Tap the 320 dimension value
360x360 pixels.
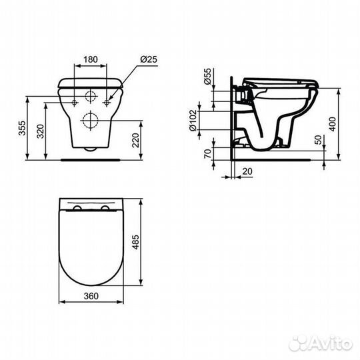[41, 131]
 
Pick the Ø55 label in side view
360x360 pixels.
[208, 77]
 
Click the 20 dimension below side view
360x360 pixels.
[247, 171]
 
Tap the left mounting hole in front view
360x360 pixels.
[73, 102]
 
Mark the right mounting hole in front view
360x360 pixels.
[109, 102]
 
